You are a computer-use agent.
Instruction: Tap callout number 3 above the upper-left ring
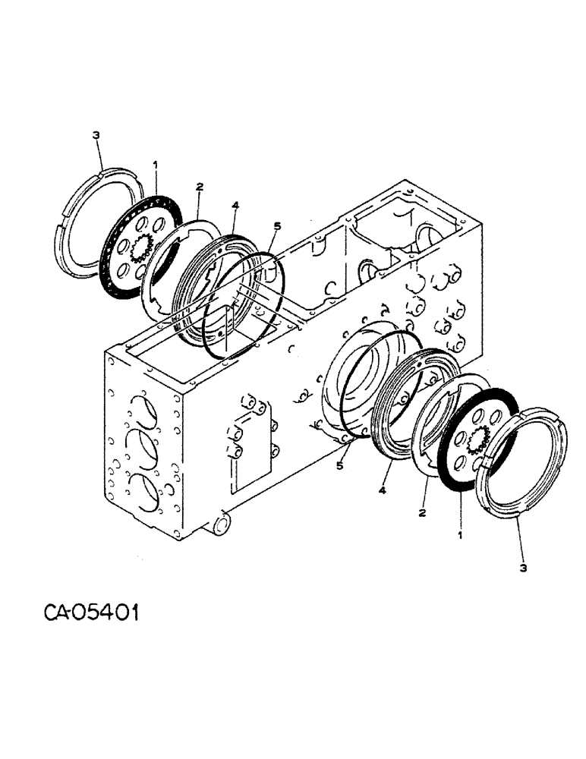pos(95,135)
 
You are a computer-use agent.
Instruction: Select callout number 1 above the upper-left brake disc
pos(155,163)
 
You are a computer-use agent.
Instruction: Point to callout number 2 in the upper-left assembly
pos(199,186)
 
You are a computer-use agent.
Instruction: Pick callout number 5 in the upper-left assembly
pos(277,226)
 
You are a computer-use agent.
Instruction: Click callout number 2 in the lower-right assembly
pos(422,513)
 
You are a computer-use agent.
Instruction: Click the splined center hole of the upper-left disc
pos(141,247)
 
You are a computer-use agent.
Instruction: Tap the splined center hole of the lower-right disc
pos(480,439)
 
